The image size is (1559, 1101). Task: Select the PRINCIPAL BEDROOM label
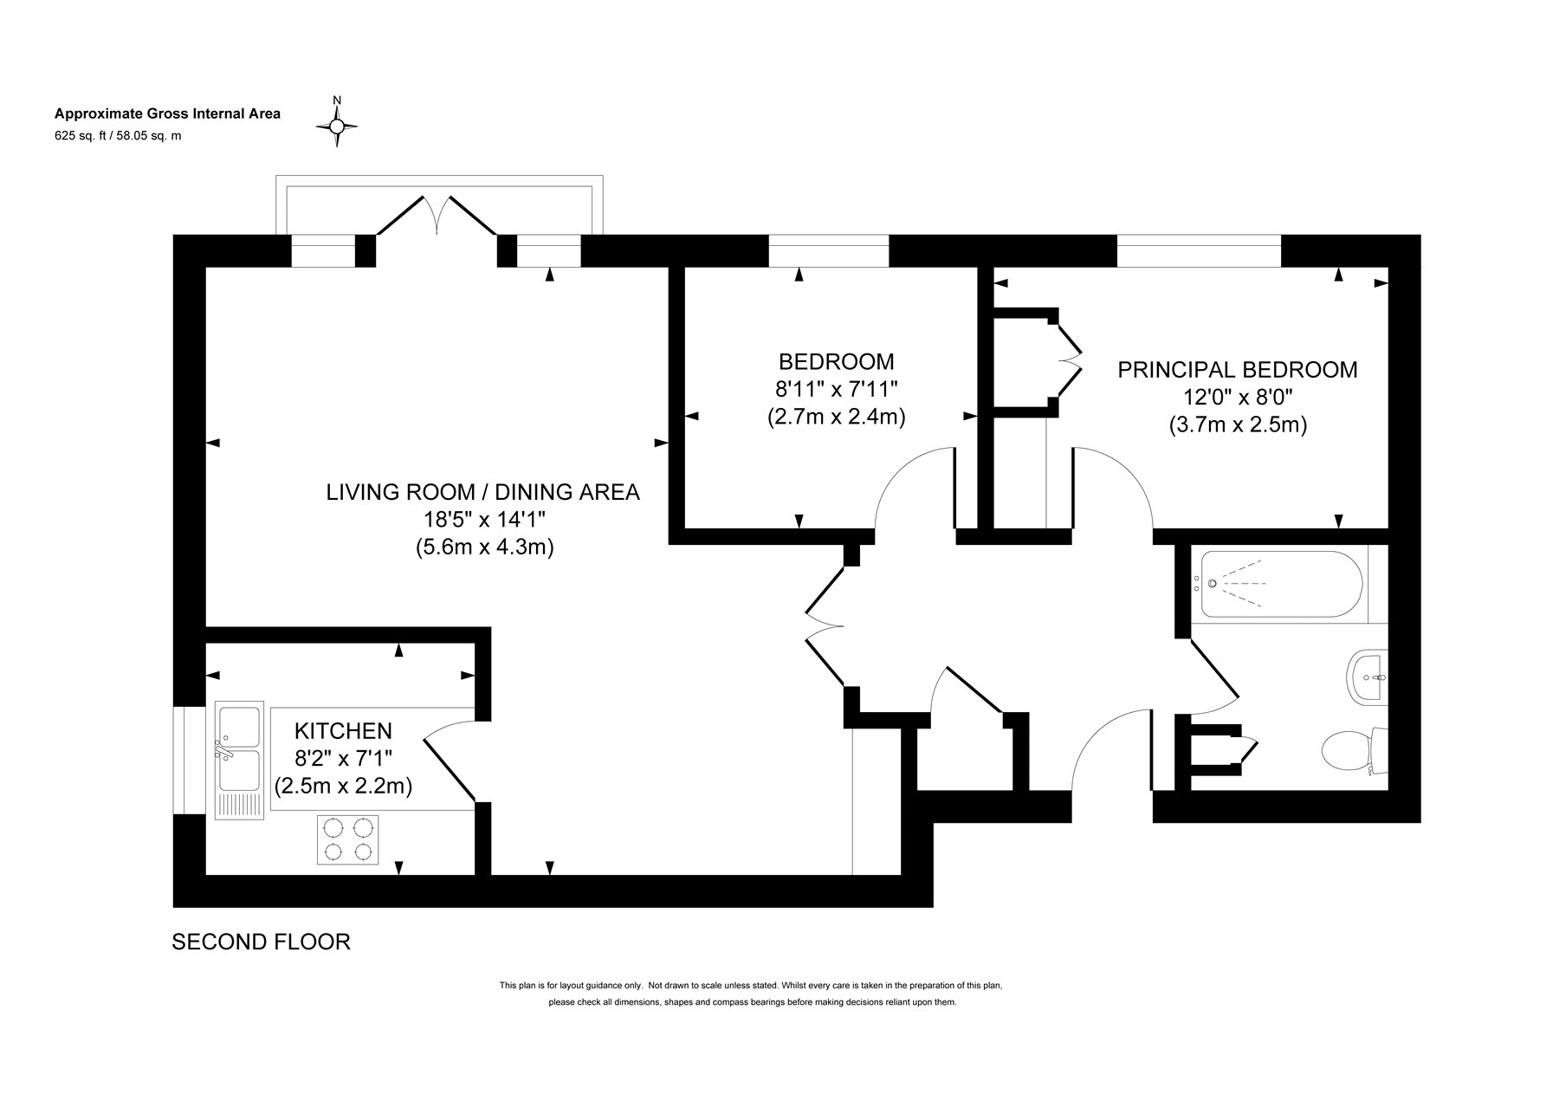tap(1238, 370)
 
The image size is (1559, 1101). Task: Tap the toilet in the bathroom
tap(1356, 751)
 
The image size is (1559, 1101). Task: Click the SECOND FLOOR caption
tap(262, 942)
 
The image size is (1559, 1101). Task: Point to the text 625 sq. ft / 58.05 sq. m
tap(118, 135)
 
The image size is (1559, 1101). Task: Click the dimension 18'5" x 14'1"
tap(482, 520)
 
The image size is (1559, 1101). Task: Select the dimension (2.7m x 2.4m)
tap(836, 417)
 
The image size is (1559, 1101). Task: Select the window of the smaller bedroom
tap(828, 251)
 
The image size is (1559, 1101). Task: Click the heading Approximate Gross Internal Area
tap(168, 113)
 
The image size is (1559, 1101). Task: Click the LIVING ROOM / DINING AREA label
tap(482, 492)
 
